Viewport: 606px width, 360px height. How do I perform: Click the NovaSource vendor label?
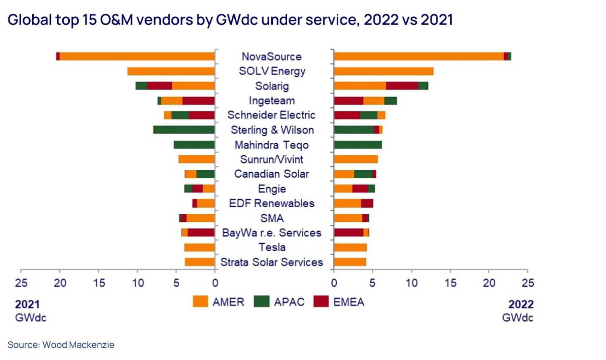(271, 57)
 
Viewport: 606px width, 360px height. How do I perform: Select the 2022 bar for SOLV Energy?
(383, 71)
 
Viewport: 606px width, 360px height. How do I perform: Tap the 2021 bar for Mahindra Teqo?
(194, 145)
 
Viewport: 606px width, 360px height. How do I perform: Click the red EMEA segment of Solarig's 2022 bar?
(402, 86)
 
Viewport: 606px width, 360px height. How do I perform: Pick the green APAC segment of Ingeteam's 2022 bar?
(390, 101)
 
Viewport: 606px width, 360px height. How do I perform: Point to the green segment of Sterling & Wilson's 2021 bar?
(184, 130)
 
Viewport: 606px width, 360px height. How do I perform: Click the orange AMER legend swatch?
(200, 301)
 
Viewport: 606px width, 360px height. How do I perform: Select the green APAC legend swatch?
(262, 301)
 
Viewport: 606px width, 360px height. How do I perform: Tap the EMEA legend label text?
(349, 302)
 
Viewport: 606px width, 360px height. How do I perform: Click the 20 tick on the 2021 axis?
(60, 283)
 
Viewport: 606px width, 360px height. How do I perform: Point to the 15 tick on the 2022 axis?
(450, 283)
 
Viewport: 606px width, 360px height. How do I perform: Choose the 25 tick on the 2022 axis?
(528, 283)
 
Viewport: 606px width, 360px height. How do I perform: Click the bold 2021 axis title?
(27, 304)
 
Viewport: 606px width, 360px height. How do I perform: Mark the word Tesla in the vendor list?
(272, 247)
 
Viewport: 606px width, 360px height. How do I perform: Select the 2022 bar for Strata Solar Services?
(350, 262)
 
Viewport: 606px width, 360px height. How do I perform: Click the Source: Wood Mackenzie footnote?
(61, 345)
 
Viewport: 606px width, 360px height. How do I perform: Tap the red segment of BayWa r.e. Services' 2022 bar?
(348, 232)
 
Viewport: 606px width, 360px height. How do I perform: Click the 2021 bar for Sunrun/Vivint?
(196, 159)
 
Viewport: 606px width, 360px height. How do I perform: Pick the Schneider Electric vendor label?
(271, 115)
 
